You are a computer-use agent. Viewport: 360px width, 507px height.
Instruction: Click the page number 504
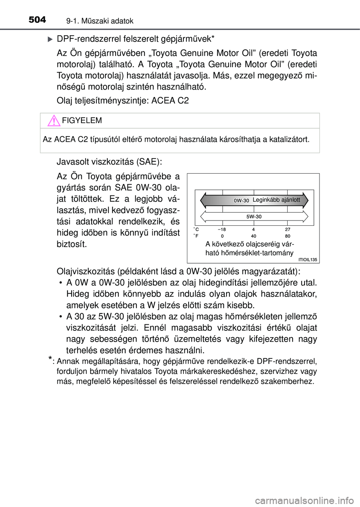[37, 19]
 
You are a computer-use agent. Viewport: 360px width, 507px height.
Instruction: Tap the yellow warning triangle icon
[54, 121]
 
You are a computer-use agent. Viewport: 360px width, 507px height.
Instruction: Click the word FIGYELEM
[82, 120]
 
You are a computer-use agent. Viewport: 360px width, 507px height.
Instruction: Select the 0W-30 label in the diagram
[241, 201]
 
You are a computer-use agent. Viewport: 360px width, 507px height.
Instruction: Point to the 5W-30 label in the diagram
[254, 216]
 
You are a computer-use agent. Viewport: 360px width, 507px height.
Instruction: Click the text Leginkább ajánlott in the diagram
[276, 200]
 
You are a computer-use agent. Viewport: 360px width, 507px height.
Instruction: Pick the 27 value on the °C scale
[288, 229]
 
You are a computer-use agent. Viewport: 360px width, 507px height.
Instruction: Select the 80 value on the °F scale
[288, 236]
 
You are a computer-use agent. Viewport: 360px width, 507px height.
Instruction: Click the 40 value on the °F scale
[254, 236]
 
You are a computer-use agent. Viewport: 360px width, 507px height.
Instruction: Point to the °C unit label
[196, 229]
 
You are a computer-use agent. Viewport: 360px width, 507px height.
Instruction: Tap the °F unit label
[196, 236]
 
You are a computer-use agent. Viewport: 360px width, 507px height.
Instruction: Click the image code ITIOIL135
[307, 259]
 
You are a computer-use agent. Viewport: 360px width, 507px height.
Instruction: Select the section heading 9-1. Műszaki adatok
[100, 21]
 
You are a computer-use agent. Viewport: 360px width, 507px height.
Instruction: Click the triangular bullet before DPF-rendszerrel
[50, 39]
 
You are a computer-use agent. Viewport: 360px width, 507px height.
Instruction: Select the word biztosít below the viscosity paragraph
[72, 244]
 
